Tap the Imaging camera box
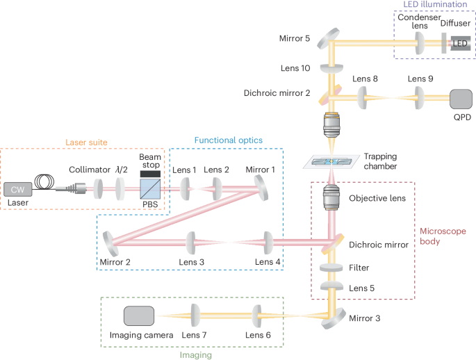click(139, 316)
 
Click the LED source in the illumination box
click(460, 43)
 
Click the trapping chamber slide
click(332, 161)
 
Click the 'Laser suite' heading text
click(85, 142)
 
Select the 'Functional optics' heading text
click(229, 140)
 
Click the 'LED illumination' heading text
click(432, 6)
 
